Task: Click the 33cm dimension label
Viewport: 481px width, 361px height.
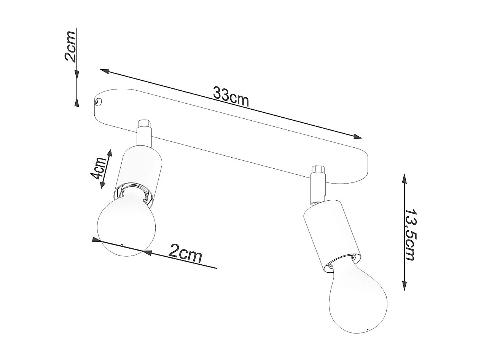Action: (231, 97)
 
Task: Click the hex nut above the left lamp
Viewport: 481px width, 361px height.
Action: (144, 124)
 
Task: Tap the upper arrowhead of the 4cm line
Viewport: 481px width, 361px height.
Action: (110, 153)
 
